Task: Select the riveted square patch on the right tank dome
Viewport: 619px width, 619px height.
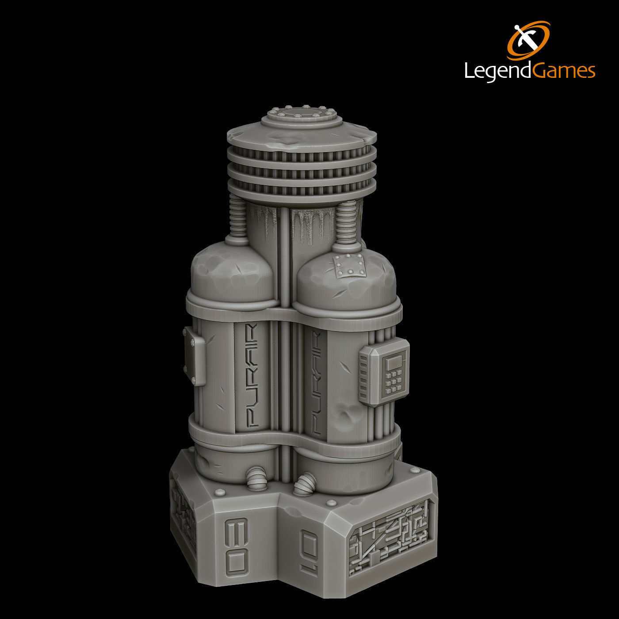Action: tap(351, 267)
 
